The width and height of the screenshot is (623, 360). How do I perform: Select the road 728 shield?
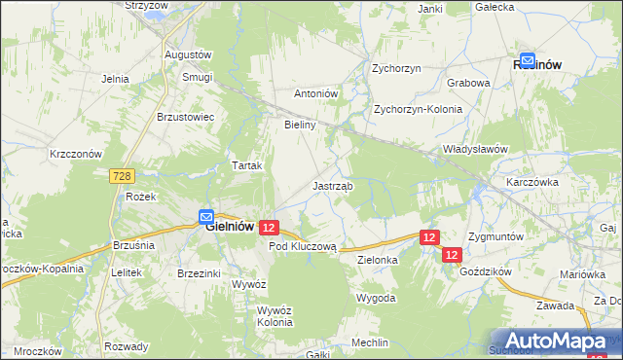tap(122, 176)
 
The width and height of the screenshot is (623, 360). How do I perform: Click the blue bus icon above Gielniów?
tap(206, 217)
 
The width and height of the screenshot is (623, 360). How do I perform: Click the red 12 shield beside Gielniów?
tap(270, 227)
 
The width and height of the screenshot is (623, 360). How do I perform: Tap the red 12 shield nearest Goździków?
tap(452, 254)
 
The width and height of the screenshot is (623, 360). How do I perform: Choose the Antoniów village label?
tap(316, 94)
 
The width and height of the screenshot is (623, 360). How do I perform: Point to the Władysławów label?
tap(476, 149)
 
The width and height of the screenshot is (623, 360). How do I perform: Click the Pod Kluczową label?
tap(303, 247)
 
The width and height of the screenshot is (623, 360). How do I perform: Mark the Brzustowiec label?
tap(192, 116)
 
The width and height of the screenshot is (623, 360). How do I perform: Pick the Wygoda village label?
tap(376, 297)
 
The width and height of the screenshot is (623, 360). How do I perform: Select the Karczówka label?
tap(531, 182)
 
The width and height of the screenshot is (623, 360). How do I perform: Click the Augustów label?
tap(189, 54)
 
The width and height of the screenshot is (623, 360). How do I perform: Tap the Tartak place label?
tap(247, 165)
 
